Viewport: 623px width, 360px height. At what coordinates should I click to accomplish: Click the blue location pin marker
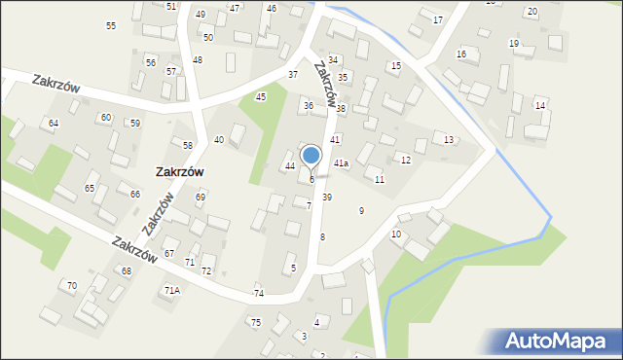coord(311,156)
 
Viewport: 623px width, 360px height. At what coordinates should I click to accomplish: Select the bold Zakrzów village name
coord(179,170)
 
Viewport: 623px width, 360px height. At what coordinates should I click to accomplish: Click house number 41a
coord(341,162)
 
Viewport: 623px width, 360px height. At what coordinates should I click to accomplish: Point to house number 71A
coord(171,290)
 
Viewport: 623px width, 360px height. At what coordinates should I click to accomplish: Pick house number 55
coord(111,25)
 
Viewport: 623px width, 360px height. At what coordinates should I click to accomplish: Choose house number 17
coord(437,19)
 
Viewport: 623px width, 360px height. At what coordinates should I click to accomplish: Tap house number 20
coord(531,12)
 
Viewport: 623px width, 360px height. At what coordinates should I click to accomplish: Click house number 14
coord(539,104)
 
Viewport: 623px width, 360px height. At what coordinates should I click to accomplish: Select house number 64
coord(54,124)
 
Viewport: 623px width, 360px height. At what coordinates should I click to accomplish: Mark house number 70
coord(71,285)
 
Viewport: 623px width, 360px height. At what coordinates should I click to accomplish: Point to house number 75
coord(255,322)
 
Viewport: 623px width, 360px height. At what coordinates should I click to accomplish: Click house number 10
coord(396,234)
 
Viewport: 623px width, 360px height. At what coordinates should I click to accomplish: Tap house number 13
coord(448,140)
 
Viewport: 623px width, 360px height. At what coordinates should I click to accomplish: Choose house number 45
coord(261,96)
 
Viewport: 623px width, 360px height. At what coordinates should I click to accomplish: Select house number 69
coord(201,198)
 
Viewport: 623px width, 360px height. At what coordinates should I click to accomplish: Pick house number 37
coord(292,75)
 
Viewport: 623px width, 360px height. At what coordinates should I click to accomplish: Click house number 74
coord(259,293)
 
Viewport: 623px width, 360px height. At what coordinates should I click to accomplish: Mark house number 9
coord(361,210)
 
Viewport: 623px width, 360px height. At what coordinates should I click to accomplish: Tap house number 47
coord(235,8)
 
